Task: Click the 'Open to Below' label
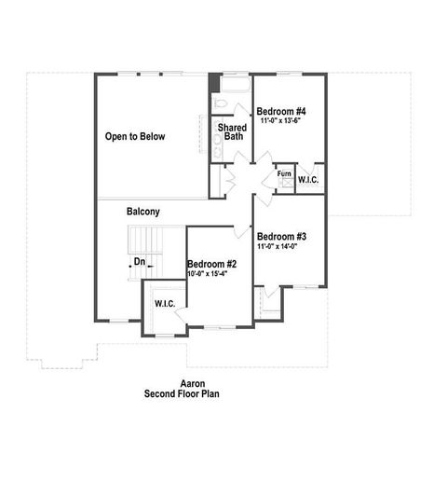[135, 137]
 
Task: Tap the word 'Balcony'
[142, 212]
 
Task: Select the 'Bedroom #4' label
[281, 111]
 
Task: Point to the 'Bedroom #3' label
[282, 236]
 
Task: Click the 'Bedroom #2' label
[212, 264]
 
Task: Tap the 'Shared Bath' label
[232, 131]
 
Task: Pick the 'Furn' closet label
[283, 174]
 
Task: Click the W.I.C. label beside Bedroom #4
[308, 179]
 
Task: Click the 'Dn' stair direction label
[139, 262]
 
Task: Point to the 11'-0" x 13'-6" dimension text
[281, 121]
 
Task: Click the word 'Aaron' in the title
[181, 383]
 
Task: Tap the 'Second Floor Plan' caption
[181, 393]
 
